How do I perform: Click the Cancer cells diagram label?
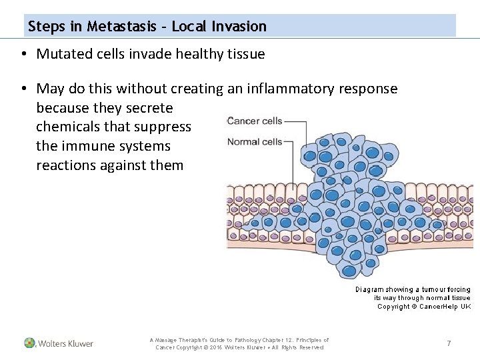coord(255,121)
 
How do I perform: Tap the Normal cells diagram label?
coord(255,141)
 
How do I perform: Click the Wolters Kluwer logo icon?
coord(30,343)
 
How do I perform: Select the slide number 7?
coord(449,343)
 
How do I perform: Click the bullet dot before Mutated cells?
coord(23,55)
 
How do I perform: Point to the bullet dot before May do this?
coord(23,89)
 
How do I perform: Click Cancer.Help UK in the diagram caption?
coord(445,307)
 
